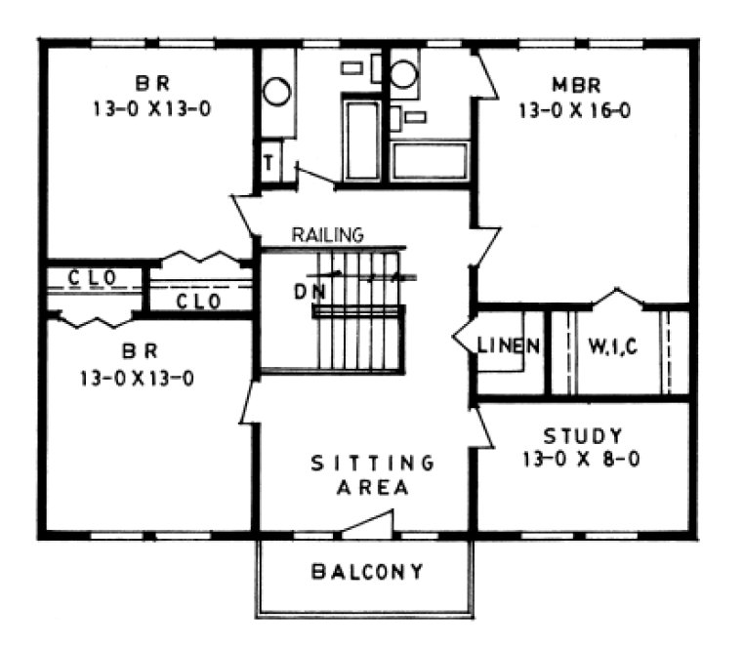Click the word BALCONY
click(x=367, y=571)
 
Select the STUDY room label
click(x=582, y=435)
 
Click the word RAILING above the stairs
click(x=328, y=235)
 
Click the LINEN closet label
click(x=509, y=344)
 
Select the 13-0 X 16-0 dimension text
click(x=574, y=109)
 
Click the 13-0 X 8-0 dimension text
click(x=580, y=459)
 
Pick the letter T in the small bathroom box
click(x=267, y=162)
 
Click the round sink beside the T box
click(x=276, y=93)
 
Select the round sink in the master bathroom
click(x=403, y=74)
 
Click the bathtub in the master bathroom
click(x=430, y=160)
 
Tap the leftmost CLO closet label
click(x=93, y=278)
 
